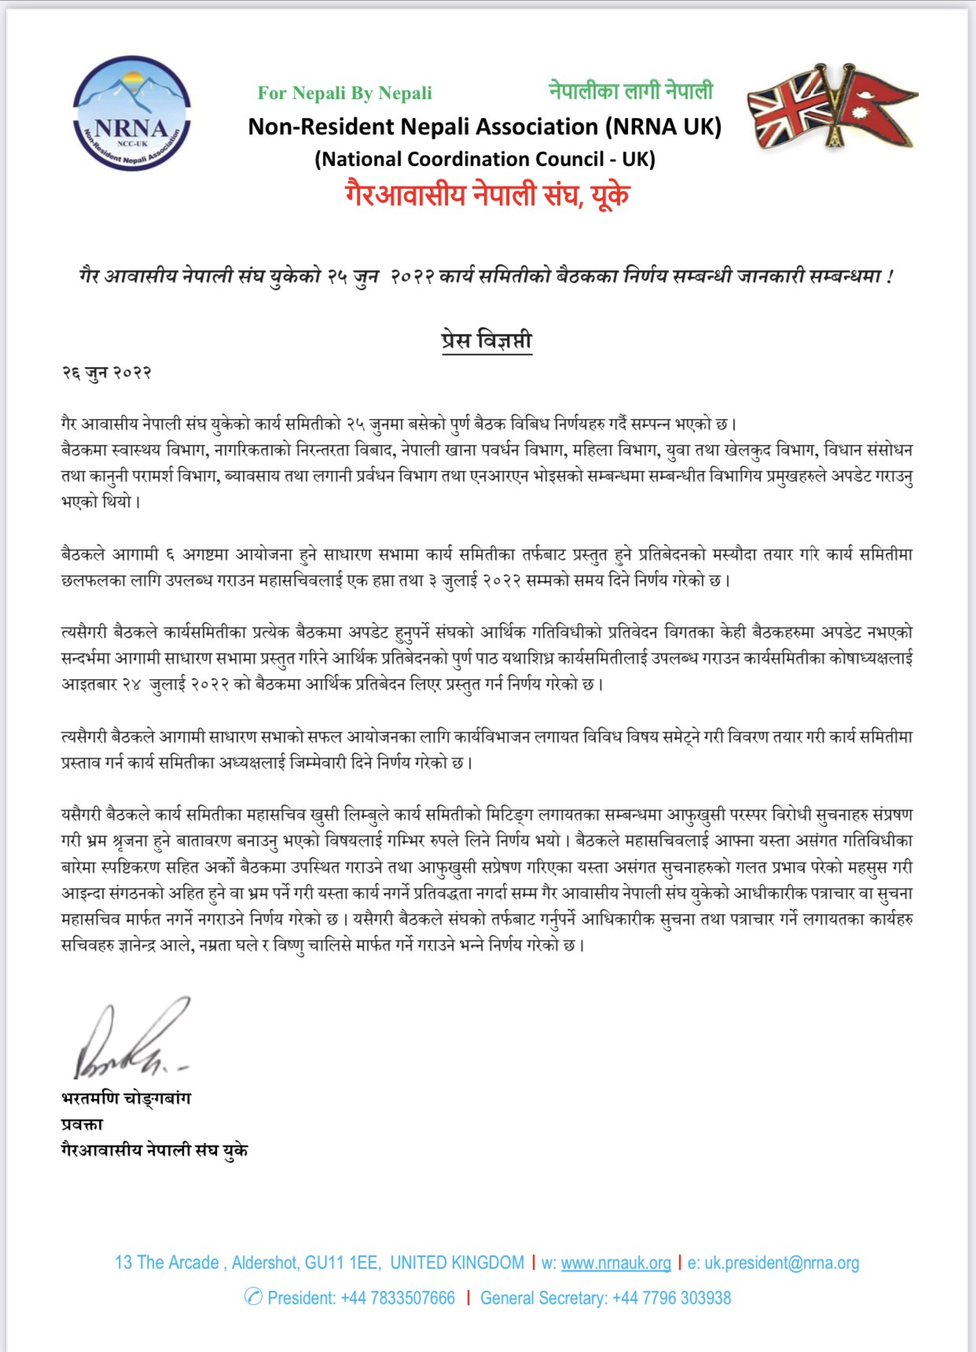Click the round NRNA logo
click(132, 114)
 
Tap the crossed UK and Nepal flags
click(831, 107)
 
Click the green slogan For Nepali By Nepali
click(344, 94)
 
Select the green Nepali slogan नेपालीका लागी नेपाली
click(630, 91)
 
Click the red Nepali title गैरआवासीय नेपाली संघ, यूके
click(486, 194)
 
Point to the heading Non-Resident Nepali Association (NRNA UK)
click(484, 127)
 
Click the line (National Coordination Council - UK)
click(484, 160)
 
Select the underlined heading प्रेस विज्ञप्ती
click(486, 340)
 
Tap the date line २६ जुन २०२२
click(106, 373)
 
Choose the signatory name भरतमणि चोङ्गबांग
click(126, 1098)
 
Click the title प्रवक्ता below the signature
click(82, 1124)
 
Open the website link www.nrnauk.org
click(615, 1263)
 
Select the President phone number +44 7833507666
click(398, 1298)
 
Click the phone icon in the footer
click(253, 1297)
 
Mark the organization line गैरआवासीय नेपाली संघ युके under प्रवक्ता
click(154, 1150)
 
